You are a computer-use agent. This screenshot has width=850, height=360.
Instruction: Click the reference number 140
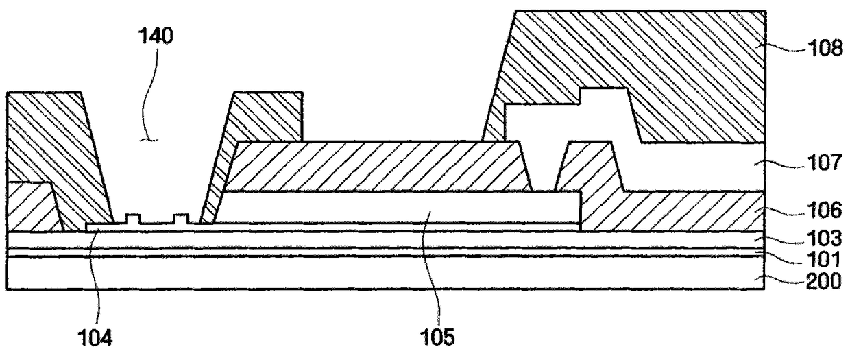click(156, 36)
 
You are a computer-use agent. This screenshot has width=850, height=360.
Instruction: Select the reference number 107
click(824, 163)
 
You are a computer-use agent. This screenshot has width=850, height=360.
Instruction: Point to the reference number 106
click(824, 211)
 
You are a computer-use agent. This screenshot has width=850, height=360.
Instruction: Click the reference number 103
click(824, 239)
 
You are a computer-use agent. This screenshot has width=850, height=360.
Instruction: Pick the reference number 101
click(824, 259)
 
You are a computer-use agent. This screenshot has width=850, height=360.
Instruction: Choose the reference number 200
click(824, 282)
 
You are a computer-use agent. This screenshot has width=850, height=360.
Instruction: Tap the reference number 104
click(95, 337)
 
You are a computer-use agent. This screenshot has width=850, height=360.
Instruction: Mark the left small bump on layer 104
click(133, 219)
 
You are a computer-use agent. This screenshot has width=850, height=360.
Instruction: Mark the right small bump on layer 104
click(181, 219)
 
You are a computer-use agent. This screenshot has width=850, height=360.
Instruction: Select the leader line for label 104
click(97, 277)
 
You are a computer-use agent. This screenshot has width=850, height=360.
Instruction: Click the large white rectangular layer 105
click(398, 207)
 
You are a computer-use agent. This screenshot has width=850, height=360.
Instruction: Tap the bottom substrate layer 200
click(385, 274)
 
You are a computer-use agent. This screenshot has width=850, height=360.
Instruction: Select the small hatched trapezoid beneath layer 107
click(589, 167)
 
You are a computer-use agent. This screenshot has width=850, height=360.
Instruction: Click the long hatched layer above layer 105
click(376, 166)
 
